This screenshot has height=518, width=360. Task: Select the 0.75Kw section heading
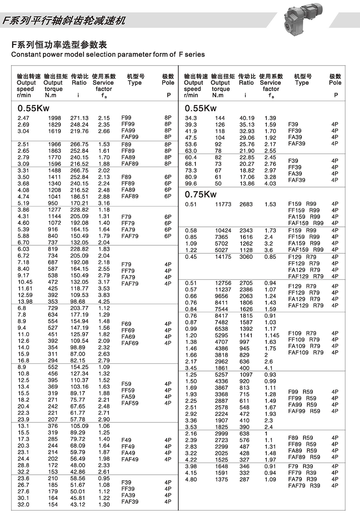pos(201,194)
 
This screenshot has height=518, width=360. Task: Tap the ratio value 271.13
pos(79,118)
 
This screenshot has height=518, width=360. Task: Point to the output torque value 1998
pos(54,118)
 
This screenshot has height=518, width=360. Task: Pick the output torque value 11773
pos(223,204)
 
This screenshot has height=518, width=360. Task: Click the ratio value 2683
pos(246,204)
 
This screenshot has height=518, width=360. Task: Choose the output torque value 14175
pos(223,257)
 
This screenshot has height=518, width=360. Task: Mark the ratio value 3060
pos(246,257)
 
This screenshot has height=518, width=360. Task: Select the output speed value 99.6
pos(191,184)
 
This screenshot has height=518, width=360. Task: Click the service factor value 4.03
pos(270,184)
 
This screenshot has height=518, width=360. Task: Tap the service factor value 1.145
pos(272,335)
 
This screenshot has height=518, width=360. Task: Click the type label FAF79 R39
pos(304,486)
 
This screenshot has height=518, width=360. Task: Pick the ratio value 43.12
pos(78,505)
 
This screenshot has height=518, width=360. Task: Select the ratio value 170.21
pos(79,203)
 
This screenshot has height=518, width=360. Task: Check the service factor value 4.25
pos(104,302)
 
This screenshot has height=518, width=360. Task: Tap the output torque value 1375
pos(221,479)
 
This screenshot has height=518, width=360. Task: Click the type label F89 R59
pos(300,438)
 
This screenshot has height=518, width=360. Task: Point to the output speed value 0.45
pos(191,257)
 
